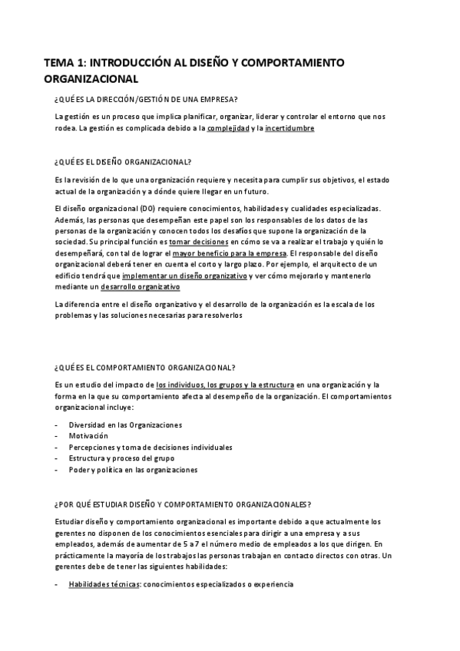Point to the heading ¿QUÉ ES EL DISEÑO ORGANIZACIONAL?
click(x=123, y=162)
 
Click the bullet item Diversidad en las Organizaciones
click(x=124, y=425)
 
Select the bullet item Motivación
click(x=88, y=435)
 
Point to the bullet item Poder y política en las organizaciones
click(x=133, y=469)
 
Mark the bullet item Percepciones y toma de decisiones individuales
click(x=151, y=447)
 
